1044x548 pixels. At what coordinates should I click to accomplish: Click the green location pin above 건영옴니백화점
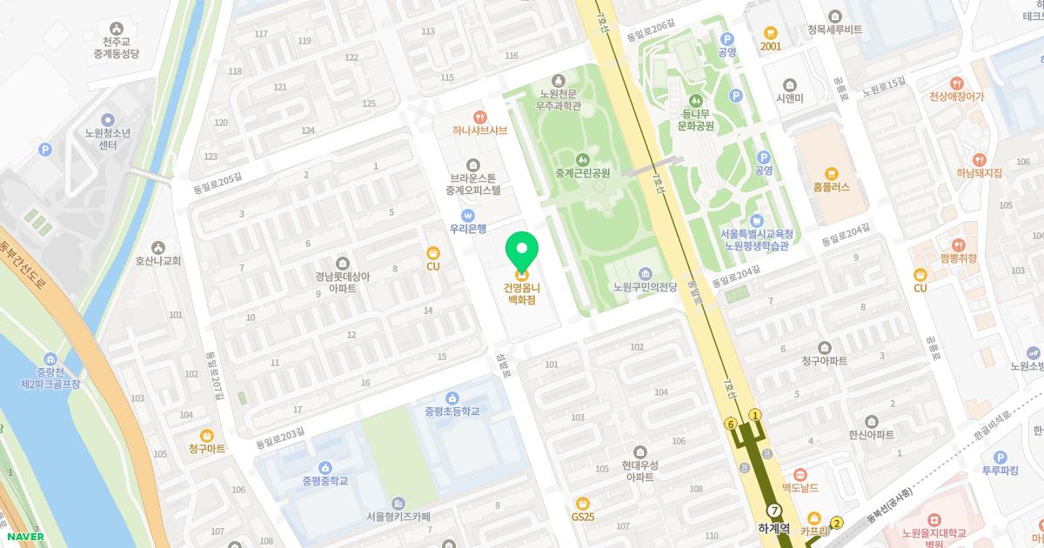pyautogui.click(x=522, y=250)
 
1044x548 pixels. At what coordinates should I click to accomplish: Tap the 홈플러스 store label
pyautogui.click(x=831, y=187)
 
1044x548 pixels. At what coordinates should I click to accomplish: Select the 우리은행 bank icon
pyautogui.click(x=467, y=215)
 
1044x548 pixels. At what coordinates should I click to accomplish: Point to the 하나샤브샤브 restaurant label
pyautogui.click(x=479, y=130)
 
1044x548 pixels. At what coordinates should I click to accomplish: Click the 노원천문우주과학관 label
pyautogui.click(x=559, y=100)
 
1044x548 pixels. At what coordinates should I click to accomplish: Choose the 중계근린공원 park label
pyautogui.click(x=582, y=173)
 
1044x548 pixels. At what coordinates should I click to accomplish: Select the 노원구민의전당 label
pyautogui.click(x=645, y=287)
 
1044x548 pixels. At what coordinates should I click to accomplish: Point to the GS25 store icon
pyautogui.click(x=583, y=503)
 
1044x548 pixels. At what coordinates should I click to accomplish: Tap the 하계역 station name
pyautogui.click(x=773, y=528)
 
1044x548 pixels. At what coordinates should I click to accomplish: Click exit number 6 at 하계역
pyautogui.click(x=731, y=424)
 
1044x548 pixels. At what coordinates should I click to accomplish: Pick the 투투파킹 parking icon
pyautogui.click(x=1000, y=458)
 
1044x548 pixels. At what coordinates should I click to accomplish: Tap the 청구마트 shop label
pyautogui.click(x=206, y=449)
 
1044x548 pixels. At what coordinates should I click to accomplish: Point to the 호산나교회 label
pyautogui.click(x=157, y=260)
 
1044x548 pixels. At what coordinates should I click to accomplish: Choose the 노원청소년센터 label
pyautogui.click(x=107, y=139)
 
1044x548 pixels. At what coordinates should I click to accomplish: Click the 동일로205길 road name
pyautogui.click(x=217, y=180)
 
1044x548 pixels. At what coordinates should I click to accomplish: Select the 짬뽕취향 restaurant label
pyautogui.click(x=958, y=258)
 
